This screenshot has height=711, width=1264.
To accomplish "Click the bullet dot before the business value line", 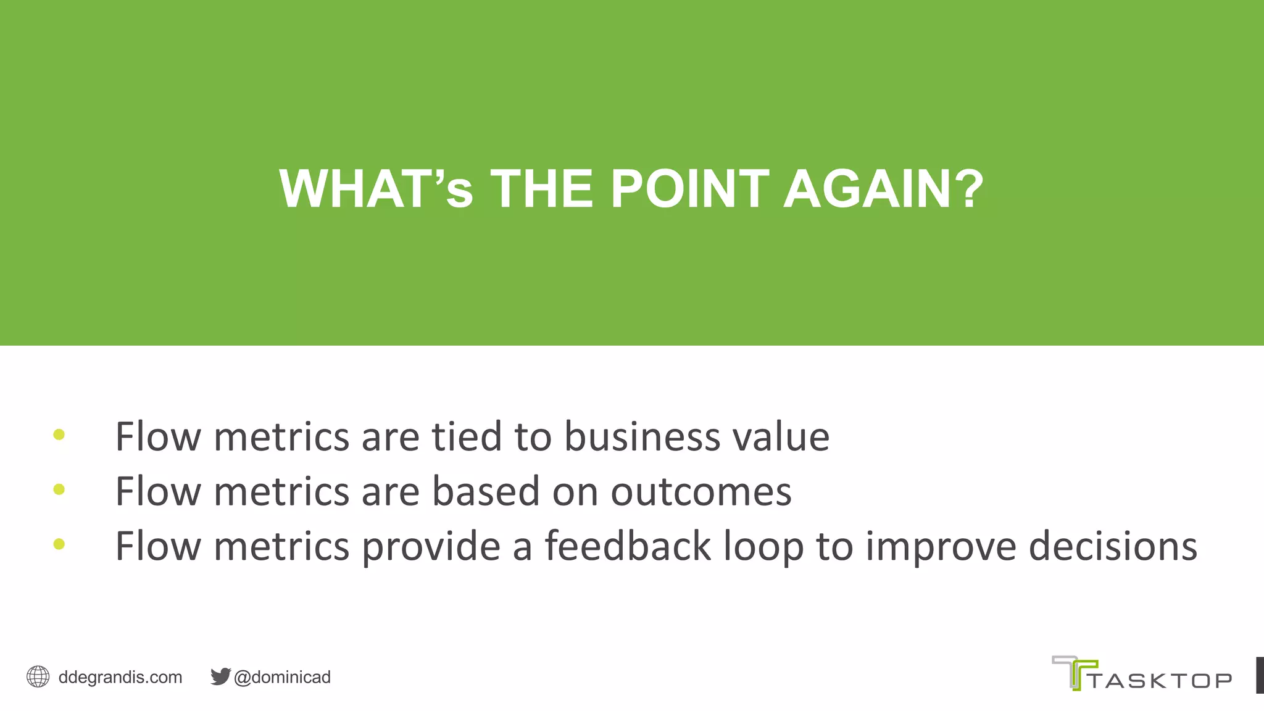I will click(x=59, y=435).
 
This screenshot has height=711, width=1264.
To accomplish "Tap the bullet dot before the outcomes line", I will click(x=59, y=490).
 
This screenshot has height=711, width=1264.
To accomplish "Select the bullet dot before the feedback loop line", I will click(x=59, y=544).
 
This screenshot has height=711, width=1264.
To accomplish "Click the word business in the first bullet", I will click(x=642, y=437).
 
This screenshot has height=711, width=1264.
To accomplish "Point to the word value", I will click(x=781, y=437).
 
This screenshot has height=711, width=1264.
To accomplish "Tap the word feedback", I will click(x=628, y=546).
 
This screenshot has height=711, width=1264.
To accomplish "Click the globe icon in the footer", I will click(x=38, y=677).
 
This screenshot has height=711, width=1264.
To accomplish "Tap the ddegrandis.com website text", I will click(x=120, y=678).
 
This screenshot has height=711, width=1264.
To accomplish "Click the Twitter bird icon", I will click(x=220, y=676).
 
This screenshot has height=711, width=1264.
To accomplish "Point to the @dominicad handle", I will click(x=283, y=678).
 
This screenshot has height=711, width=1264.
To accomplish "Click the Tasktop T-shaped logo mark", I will click(x=1074, y=672).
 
